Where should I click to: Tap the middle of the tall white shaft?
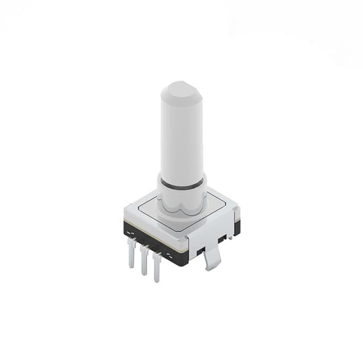pyautogui.click(x=181, y=136)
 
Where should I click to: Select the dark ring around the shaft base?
pyautogui.click(x=181, y=184)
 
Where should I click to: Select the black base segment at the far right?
pyautogui.click(x=237, y=227)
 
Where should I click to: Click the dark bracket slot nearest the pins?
pyautogui.click(x=200, y=250)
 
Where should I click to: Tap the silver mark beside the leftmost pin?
pyautogui.click(x=129, y=233)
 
